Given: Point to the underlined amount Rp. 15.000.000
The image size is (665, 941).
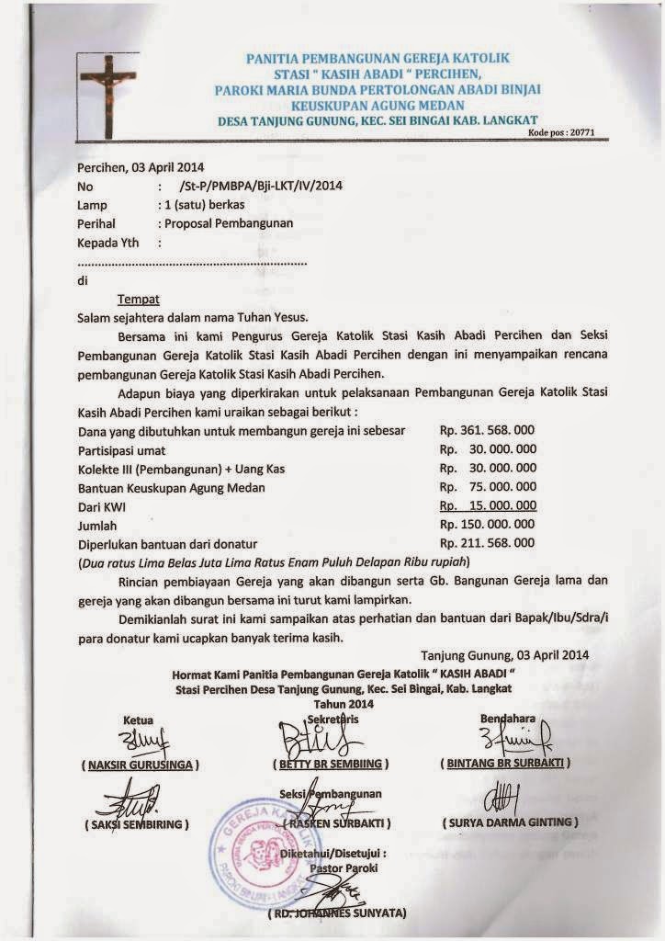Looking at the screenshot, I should pos(488,505).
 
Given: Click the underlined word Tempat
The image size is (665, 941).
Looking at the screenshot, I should pos(139,299).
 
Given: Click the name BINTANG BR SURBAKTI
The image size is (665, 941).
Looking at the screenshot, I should pos(505,763).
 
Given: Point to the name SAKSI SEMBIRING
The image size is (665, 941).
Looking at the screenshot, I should pos(140,823).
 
